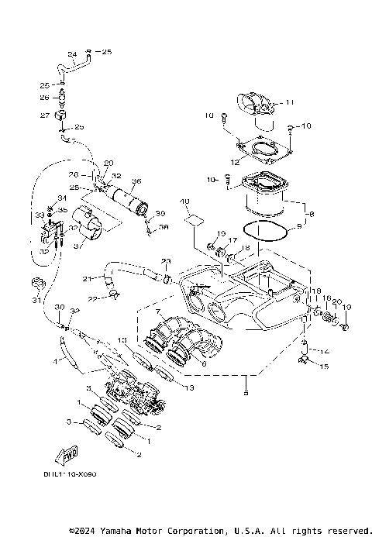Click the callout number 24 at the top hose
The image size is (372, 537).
click(71, 53)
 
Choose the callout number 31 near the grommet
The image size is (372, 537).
click(35, 300)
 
